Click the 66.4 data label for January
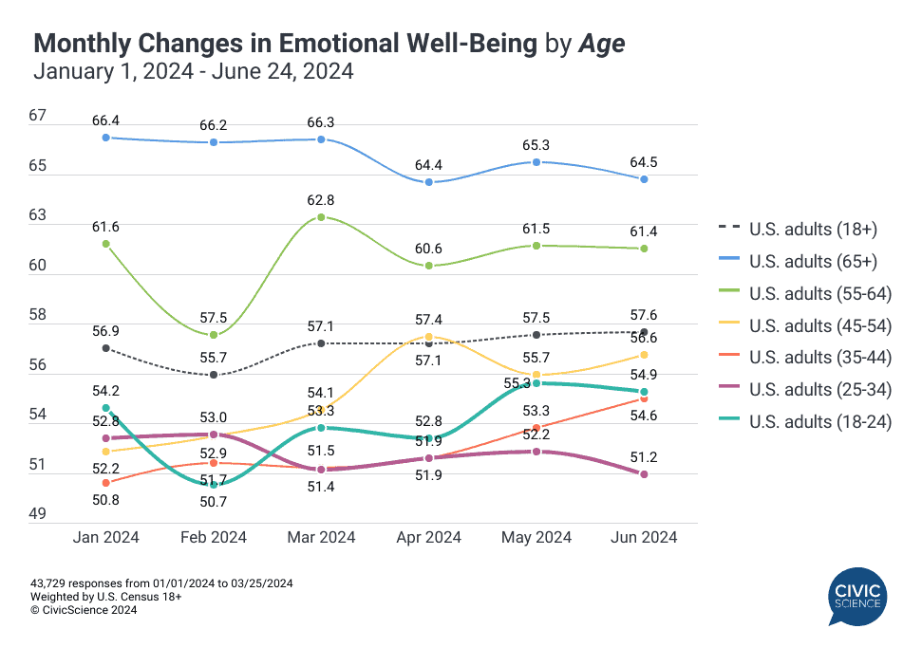[106, 120]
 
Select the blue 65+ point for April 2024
[429, 182]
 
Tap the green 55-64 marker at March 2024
[322, 217]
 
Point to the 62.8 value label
[322, 200]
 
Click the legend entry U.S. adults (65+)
[813, 261]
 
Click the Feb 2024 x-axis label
[214, 538]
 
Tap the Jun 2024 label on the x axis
[644, 538]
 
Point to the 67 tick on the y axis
[38, 116]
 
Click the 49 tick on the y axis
[38, 514]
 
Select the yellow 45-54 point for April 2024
[429, 337]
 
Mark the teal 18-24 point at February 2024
[215, 485]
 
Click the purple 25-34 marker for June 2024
[644, 474]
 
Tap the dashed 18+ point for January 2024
[106, 348]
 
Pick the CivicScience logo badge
[856, 597]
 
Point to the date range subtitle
[194, 71]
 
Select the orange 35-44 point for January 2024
[106, 483]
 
